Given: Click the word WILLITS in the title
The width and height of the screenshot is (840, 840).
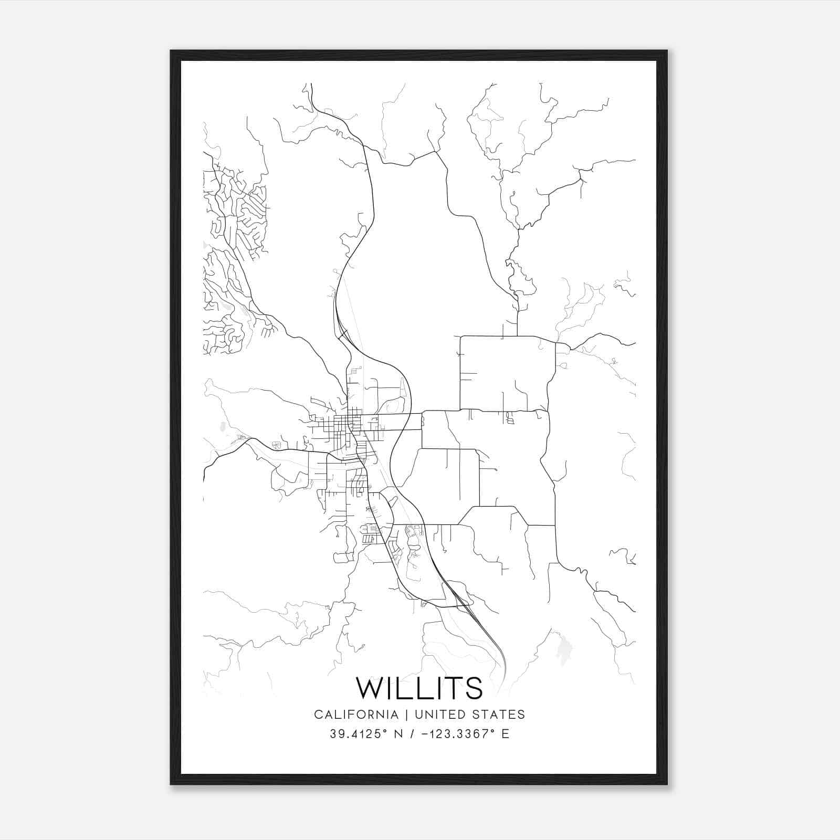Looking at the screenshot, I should [x=419, y=688].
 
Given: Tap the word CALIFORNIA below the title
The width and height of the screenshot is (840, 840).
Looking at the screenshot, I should [x=355, y=715].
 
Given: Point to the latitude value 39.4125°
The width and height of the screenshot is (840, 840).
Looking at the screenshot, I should [x=357, y=734].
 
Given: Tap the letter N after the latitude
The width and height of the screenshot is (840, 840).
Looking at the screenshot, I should [x=398, y=734].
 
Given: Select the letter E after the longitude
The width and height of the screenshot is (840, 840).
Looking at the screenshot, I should [x=505, y=734].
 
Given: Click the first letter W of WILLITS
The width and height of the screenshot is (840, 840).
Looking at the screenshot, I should [x=370, y=688].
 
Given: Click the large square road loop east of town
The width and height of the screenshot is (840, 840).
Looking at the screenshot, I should [x=507, y=373].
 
